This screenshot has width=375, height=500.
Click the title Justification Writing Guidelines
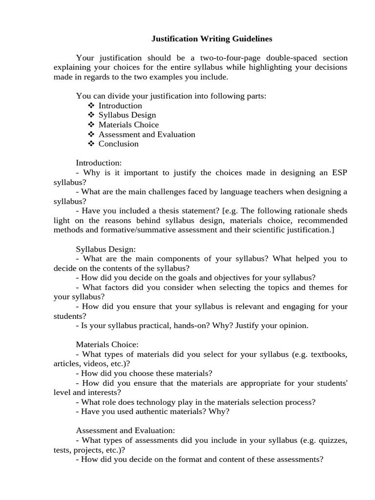(x=211, y=38)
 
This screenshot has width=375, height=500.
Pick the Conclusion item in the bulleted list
(x=118, y=144)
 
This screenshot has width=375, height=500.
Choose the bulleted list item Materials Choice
(x=128, y=125)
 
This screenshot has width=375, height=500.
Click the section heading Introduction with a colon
(x=99, y=163)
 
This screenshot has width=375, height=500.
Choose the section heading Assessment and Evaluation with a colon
(x=125, y=430)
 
